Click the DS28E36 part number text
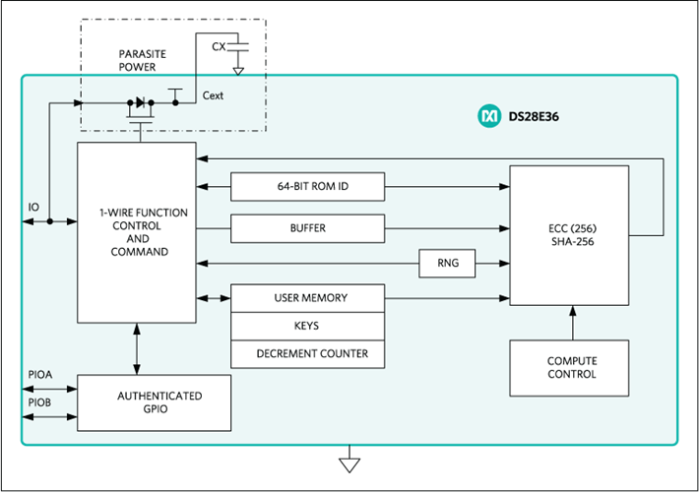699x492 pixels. (533, 116)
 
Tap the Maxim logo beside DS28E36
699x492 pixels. (488, 116)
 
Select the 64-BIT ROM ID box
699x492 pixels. (307, 186)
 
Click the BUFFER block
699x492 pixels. (307, 227)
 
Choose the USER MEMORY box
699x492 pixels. (307, 297)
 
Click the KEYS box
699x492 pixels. (307, 326)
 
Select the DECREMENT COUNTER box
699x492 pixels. (307, 353)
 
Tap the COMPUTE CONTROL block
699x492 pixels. (571, 367)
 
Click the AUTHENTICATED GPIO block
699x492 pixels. (155, 402)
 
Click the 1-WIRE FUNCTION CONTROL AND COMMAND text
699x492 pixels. (137, 232)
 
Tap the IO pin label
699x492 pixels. (34, 208)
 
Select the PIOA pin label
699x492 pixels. (40, 374)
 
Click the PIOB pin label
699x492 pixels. (40, 402)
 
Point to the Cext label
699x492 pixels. (213, 95)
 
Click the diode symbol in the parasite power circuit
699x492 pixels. (138, 101)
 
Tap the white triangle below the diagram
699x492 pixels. (349, 464)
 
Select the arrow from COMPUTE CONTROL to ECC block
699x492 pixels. (571, 321)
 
